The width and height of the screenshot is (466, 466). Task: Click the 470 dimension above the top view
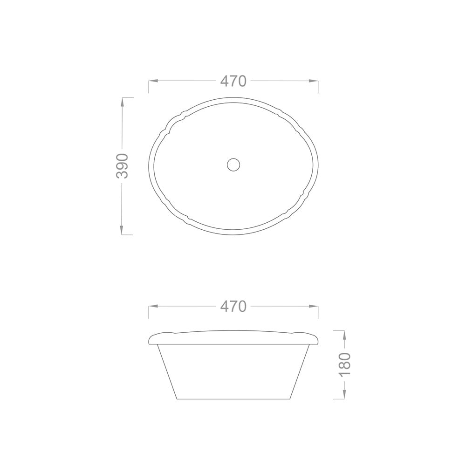(x=233, y=81)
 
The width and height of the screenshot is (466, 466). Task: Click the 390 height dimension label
(x=123, y=165)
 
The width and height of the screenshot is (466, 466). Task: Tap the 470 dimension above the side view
(x=233, y=307)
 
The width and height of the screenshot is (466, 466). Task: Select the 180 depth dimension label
(x=344, y=364)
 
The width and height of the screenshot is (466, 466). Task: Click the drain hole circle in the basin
(x=233, y=164)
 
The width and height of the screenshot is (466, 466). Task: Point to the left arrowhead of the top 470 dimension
(x=152, y=81)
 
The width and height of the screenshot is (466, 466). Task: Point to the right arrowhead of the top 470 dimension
(x=315, y=81)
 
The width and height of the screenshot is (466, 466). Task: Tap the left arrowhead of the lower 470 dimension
(x=152, y=307)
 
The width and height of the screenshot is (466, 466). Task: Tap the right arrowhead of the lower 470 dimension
(x=315, y=307)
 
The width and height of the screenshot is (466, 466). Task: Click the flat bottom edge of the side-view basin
(x=233, y=399)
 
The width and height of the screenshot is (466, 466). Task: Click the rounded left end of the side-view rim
(x=150, y=339)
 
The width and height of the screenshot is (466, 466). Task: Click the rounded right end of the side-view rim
(x=317, y=339)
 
